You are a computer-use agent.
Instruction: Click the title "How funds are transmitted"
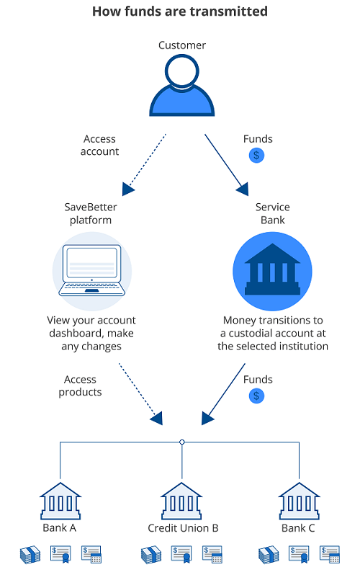(180, 12)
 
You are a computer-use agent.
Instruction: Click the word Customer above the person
(182, 45)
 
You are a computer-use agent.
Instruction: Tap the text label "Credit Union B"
(182, 528)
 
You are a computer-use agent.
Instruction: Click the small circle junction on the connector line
(182, 442)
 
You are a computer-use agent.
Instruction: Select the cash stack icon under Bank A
(30, 554)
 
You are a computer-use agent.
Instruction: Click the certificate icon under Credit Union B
(181, 554)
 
